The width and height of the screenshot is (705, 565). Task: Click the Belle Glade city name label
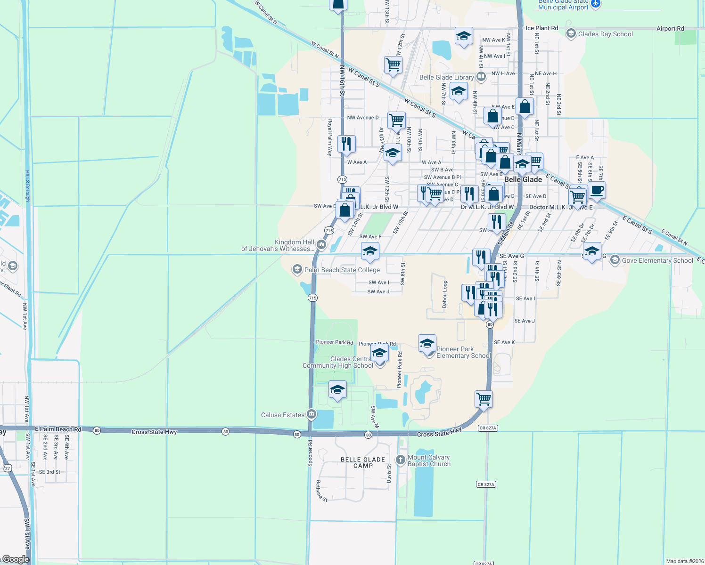tap(523, 179)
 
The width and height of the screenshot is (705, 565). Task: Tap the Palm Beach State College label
tap(342, 270)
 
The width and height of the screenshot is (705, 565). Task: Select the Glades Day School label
tap(605, 34)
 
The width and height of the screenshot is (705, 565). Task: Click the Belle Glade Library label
tap(446, 77)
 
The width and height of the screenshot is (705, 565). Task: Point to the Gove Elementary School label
tap(657, 260)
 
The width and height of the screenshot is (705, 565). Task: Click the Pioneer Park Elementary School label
tap(463, 352)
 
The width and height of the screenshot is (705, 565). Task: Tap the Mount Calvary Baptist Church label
tap(428, 460)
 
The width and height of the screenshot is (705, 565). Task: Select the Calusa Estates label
tap(283, 415)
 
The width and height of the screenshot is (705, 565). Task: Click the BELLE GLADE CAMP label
tap(363, 462)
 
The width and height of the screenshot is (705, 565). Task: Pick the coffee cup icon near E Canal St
tap(597, 190)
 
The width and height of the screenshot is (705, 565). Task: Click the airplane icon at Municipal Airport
tap(596, 4)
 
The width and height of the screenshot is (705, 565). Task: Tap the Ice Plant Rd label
tap(541, 28)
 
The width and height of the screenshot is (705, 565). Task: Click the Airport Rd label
tap(670, 29)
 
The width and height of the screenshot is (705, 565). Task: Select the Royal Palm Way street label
tap(330, 137)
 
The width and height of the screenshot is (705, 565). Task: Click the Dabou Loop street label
tap(445, 294)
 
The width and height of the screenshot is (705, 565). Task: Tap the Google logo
tap(16, 559)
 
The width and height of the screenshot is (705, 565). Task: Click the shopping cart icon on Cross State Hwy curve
tap(484, 399)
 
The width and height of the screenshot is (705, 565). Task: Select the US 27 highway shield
tap(7, 468)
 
